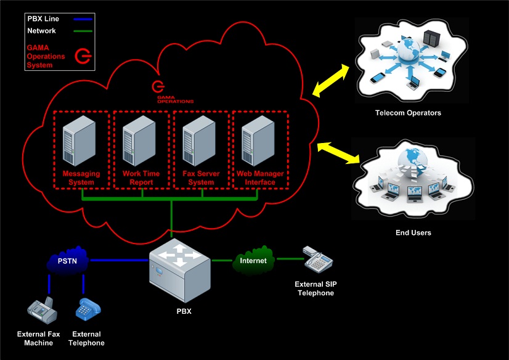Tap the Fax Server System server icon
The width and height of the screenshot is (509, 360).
point(201,141)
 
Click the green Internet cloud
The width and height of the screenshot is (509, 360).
point(253,260)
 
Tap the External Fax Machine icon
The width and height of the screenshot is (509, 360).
point(42,311)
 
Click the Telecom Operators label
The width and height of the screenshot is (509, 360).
point(408,113)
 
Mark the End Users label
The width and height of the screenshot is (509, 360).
point(413,233)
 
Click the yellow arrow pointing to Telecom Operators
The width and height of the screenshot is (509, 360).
point(333,80)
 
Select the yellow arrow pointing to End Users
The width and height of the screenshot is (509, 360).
point(339,153)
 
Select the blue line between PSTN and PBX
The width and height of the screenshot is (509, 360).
point(120,261)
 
